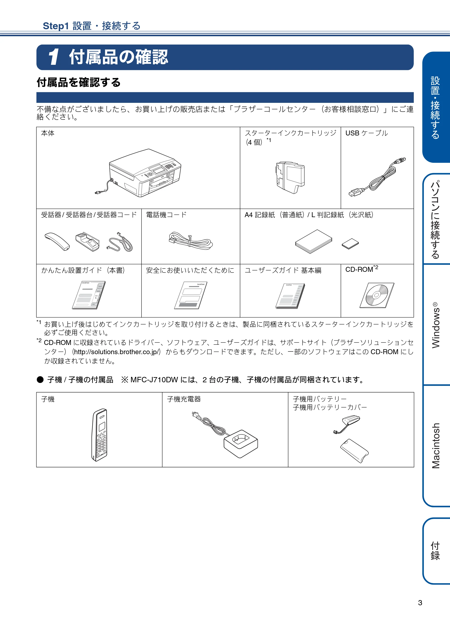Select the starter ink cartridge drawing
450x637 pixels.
coord(290,178)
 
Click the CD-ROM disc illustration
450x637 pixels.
coord(376,295)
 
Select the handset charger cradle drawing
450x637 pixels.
coord(240,443)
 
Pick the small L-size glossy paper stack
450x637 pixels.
coord(350,244)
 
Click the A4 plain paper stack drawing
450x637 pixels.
coord(313,241)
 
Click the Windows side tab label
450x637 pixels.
coord(436,325)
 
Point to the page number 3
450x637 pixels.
coord(420,603)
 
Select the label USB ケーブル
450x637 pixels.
coord(367,133)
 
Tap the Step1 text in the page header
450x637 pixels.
coord(56,26)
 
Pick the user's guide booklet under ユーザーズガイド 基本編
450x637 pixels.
coord(290,296)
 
